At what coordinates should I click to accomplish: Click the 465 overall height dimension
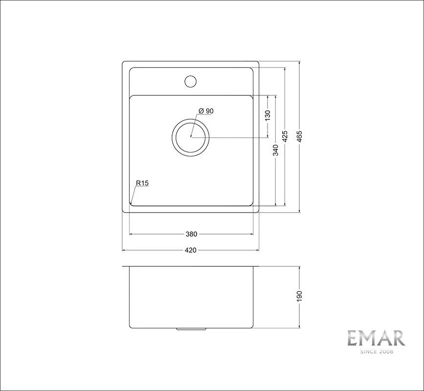click(299, 136)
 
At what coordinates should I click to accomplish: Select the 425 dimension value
click(285, 136)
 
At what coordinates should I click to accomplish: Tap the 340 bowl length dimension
click(275, 150)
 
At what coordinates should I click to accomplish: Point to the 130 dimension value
click(268, 115)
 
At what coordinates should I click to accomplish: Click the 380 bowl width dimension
click(191, 234)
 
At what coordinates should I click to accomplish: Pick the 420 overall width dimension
click(191, 251)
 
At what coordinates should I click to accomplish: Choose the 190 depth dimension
click(299, 296)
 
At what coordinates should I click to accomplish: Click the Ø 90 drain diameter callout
click(206, 111)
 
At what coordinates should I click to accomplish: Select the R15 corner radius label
click(142, 183)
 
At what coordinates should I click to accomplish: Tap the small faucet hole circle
click(190, 81)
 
